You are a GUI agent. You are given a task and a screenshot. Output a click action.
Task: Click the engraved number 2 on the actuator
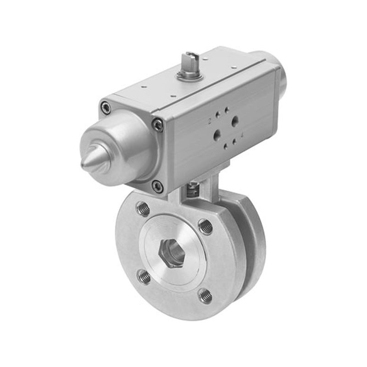pos(210,121)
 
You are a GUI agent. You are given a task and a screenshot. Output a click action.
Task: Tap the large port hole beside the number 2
pos(235,121)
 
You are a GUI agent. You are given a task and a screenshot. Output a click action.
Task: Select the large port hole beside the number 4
pos(217,134)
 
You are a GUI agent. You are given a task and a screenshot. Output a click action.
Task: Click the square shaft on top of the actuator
pos(189,61)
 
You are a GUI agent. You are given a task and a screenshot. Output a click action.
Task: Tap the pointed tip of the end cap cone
pos(83,164)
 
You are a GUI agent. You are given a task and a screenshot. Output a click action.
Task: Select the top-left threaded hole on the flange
pos(143,209)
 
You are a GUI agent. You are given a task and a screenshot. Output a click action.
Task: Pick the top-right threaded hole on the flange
pos(205,226)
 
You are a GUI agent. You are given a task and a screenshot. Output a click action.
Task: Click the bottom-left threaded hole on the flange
pos(144,276)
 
